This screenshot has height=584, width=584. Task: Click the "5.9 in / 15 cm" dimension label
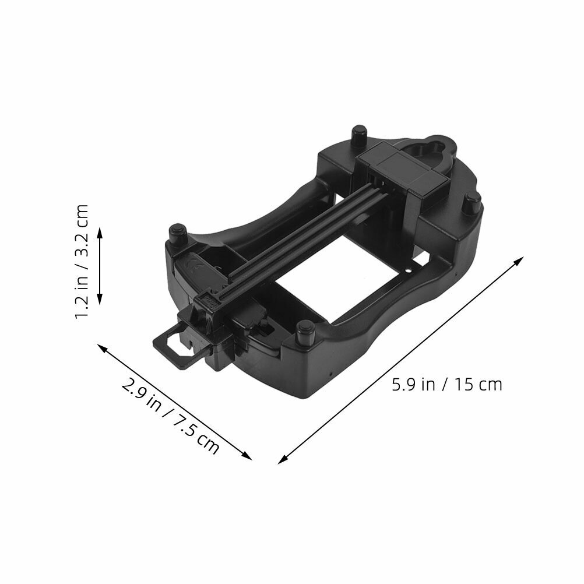(447, 384)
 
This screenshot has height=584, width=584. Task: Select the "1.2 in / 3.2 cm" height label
(82, 262)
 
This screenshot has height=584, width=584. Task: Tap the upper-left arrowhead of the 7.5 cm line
(102, 347)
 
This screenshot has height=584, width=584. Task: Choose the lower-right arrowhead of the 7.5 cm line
(247, 456)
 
